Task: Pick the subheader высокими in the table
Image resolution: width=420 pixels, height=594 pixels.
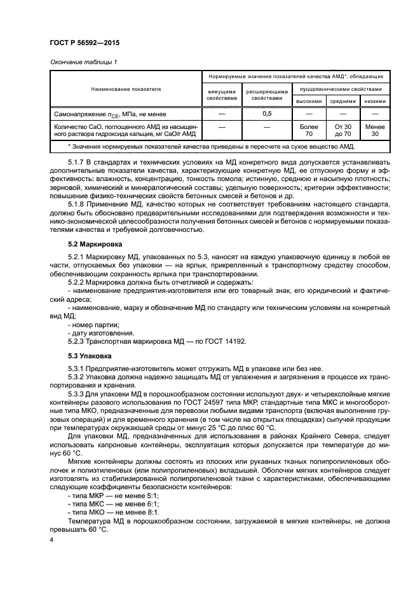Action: click(309, 102)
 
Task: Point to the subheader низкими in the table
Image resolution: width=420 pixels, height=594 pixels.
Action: click(375, 102)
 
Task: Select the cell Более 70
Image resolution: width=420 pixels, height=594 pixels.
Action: click(309, 130)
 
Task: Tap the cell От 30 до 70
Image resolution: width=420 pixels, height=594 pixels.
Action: click(342, 130)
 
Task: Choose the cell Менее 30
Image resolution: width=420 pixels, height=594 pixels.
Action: click(375, 130)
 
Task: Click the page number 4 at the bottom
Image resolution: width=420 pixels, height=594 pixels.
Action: click(51, 539)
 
